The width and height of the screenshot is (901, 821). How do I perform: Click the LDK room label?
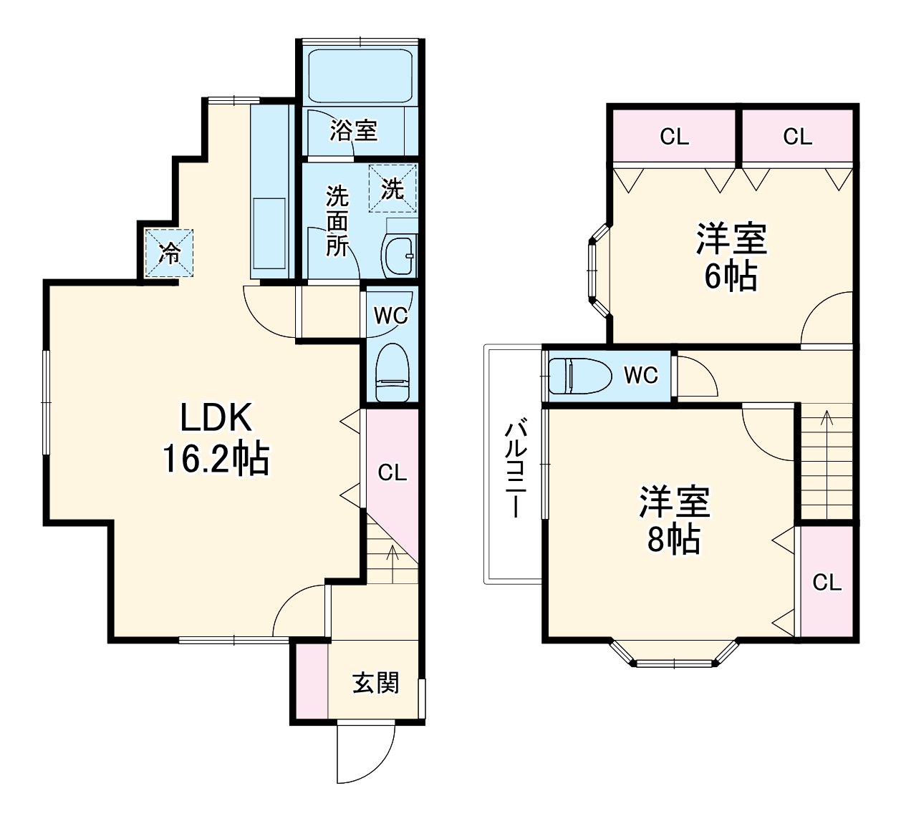216,417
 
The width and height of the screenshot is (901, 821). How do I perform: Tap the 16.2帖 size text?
216,459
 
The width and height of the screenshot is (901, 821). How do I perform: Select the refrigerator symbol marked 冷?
169,253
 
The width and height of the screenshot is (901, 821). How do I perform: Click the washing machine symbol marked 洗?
392,188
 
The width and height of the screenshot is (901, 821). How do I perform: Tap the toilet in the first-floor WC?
392,373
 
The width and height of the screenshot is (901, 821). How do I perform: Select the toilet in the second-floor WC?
580,377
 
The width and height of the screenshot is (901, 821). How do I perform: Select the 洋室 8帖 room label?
674,520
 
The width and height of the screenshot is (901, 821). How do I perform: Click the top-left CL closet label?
674,137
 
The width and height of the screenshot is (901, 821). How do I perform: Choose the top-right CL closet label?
798,137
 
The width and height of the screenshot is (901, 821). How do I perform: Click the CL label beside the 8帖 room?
827,582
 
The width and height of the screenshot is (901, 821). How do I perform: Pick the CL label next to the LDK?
392,472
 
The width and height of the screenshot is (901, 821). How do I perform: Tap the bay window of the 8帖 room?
674,654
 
